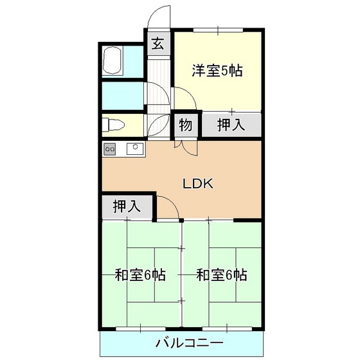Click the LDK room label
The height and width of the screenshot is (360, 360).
coord(194,183)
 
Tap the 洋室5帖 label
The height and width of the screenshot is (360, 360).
coord(217,71)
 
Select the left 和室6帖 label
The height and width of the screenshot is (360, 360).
coord(140,275)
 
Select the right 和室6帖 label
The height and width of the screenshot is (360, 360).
coord(221,275)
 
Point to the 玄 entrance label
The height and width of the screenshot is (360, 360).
coord(157,44)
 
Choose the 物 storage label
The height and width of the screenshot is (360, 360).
coord(185,125)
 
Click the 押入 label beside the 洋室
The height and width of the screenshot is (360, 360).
coord(230,125)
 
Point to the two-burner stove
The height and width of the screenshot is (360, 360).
coord(110,149)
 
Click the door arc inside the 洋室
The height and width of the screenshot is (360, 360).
coord(184,102)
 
